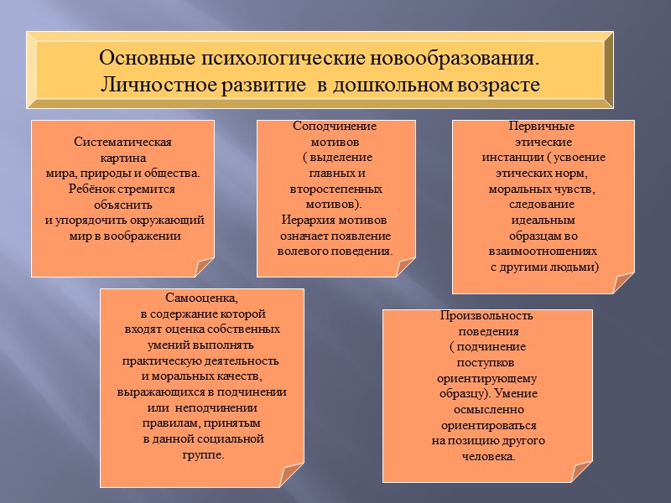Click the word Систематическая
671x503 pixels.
point(122,142)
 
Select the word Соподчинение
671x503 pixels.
point(334,127)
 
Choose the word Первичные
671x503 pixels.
point(542,127)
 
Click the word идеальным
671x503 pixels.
point(542,220)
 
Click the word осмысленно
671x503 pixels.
point(487,410)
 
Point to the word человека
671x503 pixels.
point(487,457)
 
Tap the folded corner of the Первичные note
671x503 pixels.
point(623,283)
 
